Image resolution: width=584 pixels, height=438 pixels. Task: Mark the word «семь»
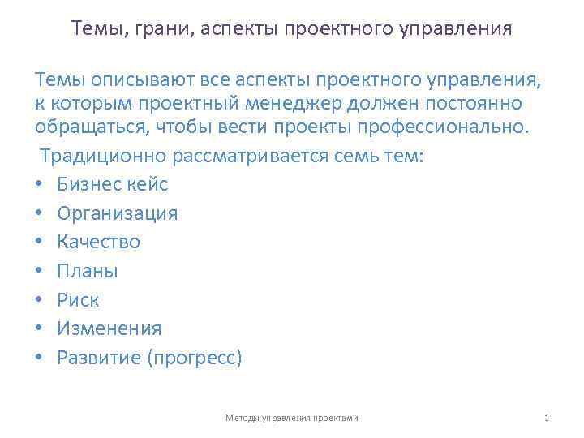(363, 156)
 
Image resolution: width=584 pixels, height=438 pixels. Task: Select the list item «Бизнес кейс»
(113, 184)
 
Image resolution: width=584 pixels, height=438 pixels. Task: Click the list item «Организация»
(118, 213)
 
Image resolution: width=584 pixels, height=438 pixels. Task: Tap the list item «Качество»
(99, 242)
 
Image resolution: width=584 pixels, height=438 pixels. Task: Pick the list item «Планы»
(88, 271)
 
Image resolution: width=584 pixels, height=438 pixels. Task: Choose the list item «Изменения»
(109, 328)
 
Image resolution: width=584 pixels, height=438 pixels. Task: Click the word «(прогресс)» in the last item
(195, 358)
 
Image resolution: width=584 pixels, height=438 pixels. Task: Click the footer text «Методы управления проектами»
(292, 418)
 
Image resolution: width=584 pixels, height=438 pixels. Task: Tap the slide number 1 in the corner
(547, 418)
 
